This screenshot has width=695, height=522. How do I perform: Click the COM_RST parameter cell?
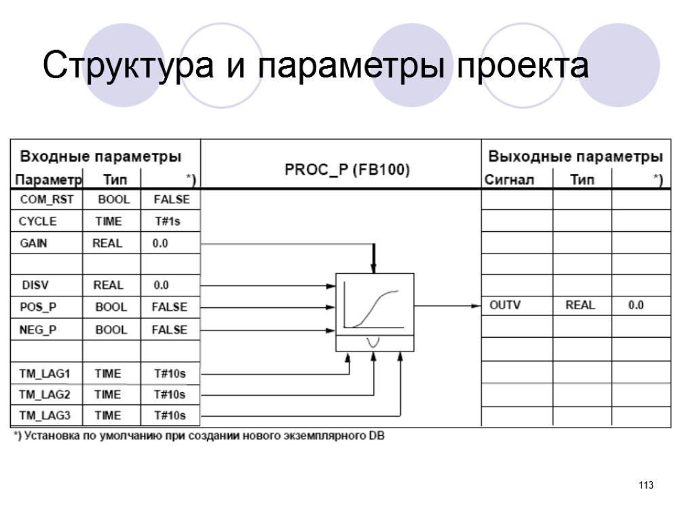pyautogui.click(x=45, y=200)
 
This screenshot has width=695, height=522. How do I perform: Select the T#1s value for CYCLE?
pyautogui.click(x=169, y=222)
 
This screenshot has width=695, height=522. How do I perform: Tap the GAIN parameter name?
pyautogui.click(x=33, y=243)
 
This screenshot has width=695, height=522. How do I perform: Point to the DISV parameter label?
pyautogui.click(x=36, y=285)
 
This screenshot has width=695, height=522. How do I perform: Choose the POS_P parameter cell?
pyautogui.click(x=38, y=307)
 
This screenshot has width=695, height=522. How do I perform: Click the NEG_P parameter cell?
pyautogui.click(x=39, y=330)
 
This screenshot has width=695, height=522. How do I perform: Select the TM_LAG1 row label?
pyautogui.click(x=41, y=374)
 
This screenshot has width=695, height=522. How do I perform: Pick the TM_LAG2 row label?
pyautogui.click(x=41, y=394)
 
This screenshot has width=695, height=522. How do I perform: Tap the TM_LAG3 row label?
pyautogui.click(x=41, y=415)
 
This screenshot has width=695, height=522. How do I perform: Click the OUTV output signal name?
pyautogui.click(x=505, y=305)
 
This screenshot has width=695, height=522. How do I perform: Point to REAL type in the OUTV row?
pyautogui.click(x=580, y=305)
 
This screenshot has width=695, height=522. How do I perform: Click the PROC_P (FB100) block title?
pyautogui.click(x=347, y=169)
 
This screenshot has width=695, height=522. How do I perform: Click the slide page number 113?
pyautogui.click(x=645, y=485)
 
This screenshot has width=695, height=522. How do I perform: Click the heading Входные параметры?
pyautogui.click(x=100, y=156)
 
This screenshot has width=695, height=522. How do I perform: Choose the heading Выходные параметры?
pyautogui.click(x=576, y=156)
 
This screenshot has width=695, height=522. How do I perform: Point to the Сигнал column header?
pyautogui.click(x=509, y=180)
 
